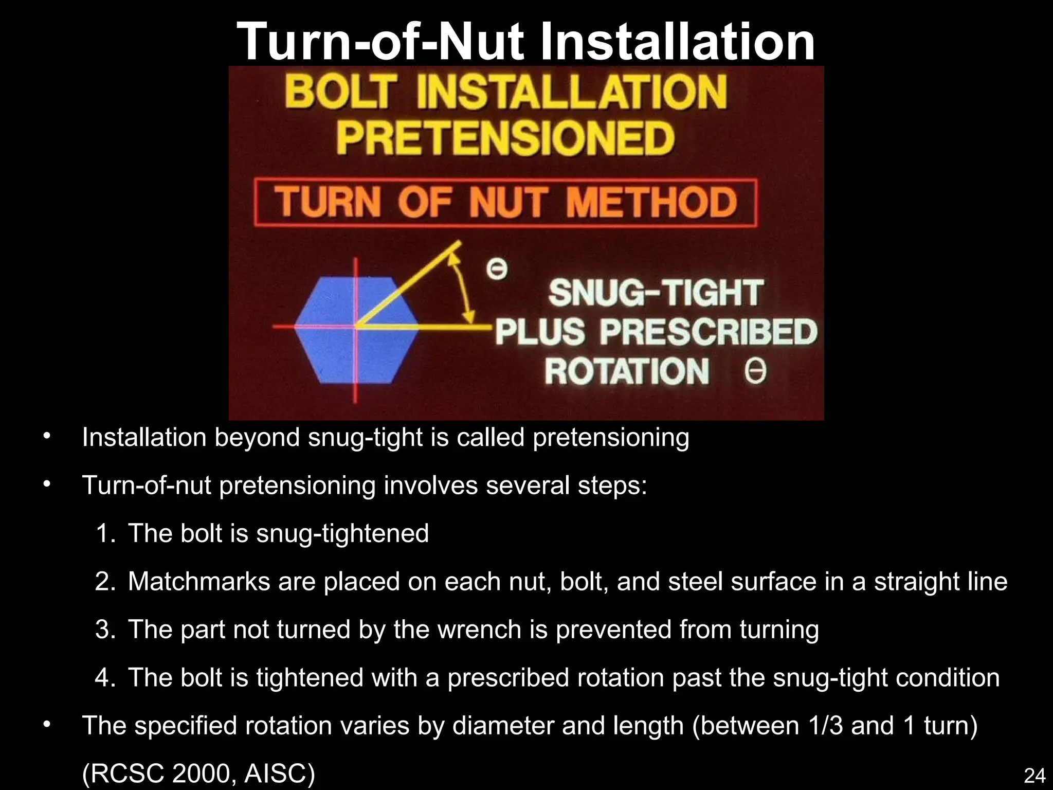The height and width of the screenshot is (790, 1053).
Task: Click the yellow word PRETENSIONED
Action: pos(505,138)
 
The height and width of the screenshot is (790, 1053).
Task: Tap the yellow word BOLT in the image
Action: pos(341,93)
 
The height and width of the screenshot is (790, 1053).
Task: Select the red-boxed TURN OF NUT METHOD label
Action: pos(505,203)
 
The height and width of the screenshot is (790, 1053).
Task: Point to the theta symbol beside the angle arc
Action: pos(497,268)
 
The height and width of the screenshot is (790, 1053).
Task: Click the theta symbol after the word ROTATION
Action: pos(755,371)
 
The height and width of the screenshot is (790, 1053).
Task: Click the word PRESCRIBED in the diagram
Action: pos(708,332)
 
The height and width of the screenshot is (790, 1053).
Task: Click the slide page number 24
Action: pos(1034,775)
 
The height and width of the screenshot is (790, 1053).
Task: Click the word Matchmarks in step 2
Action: pos(199,582)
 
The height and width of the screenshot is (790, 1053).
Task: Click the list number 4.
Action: pos(105,678)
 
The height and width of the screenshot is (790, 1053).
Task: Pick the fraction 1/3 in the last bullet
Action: pos(825,726)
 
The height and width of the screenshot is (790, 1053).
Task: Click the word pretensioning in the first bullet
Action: pos(610,438)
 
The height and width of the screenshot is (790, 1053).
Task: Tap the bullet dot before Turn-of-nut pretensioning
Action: pos(47,484)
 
